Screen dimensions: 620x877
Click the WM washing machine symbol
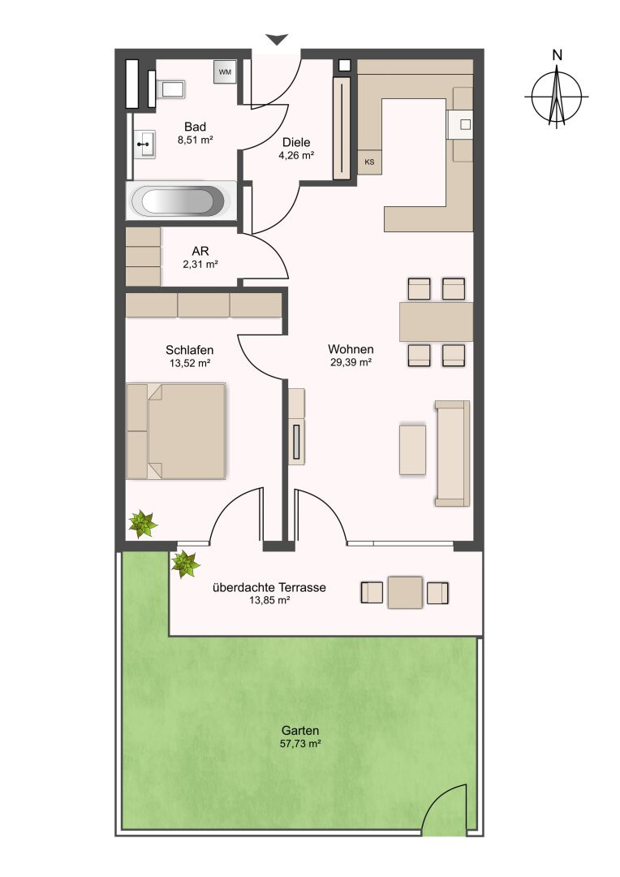(225, 72)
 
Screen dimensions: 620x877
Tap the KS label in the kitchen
(369, 162)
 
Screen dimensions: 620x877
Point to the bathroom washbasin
(144, 145)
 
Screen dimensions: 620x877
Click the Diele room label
(296, 143)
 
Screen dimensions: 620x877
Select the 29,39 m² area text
(351, 362)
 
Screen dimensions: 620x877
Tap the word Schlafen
(190, 351)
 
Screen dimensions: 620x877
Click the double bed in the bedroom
(176, 431)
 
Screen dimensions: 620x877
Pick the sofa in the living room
(452, 453)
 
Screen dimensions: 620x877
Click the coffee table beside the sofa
(412, 450)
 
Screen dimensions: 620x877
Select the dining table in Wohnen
(436, 322)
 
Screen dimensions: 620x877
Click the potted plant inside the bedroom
(143, 525)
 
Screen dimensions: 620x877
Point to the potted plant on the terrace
(185, 564)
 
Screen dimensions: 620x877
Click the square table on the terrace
(405, 592)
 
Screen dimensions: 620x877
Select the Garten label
(300, 731)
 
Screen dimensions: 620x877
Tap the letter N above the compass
(557, 55)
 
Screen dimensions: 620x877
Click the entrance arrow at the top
(277, 40)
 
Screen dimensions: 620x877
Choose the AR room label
(200, 253)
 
